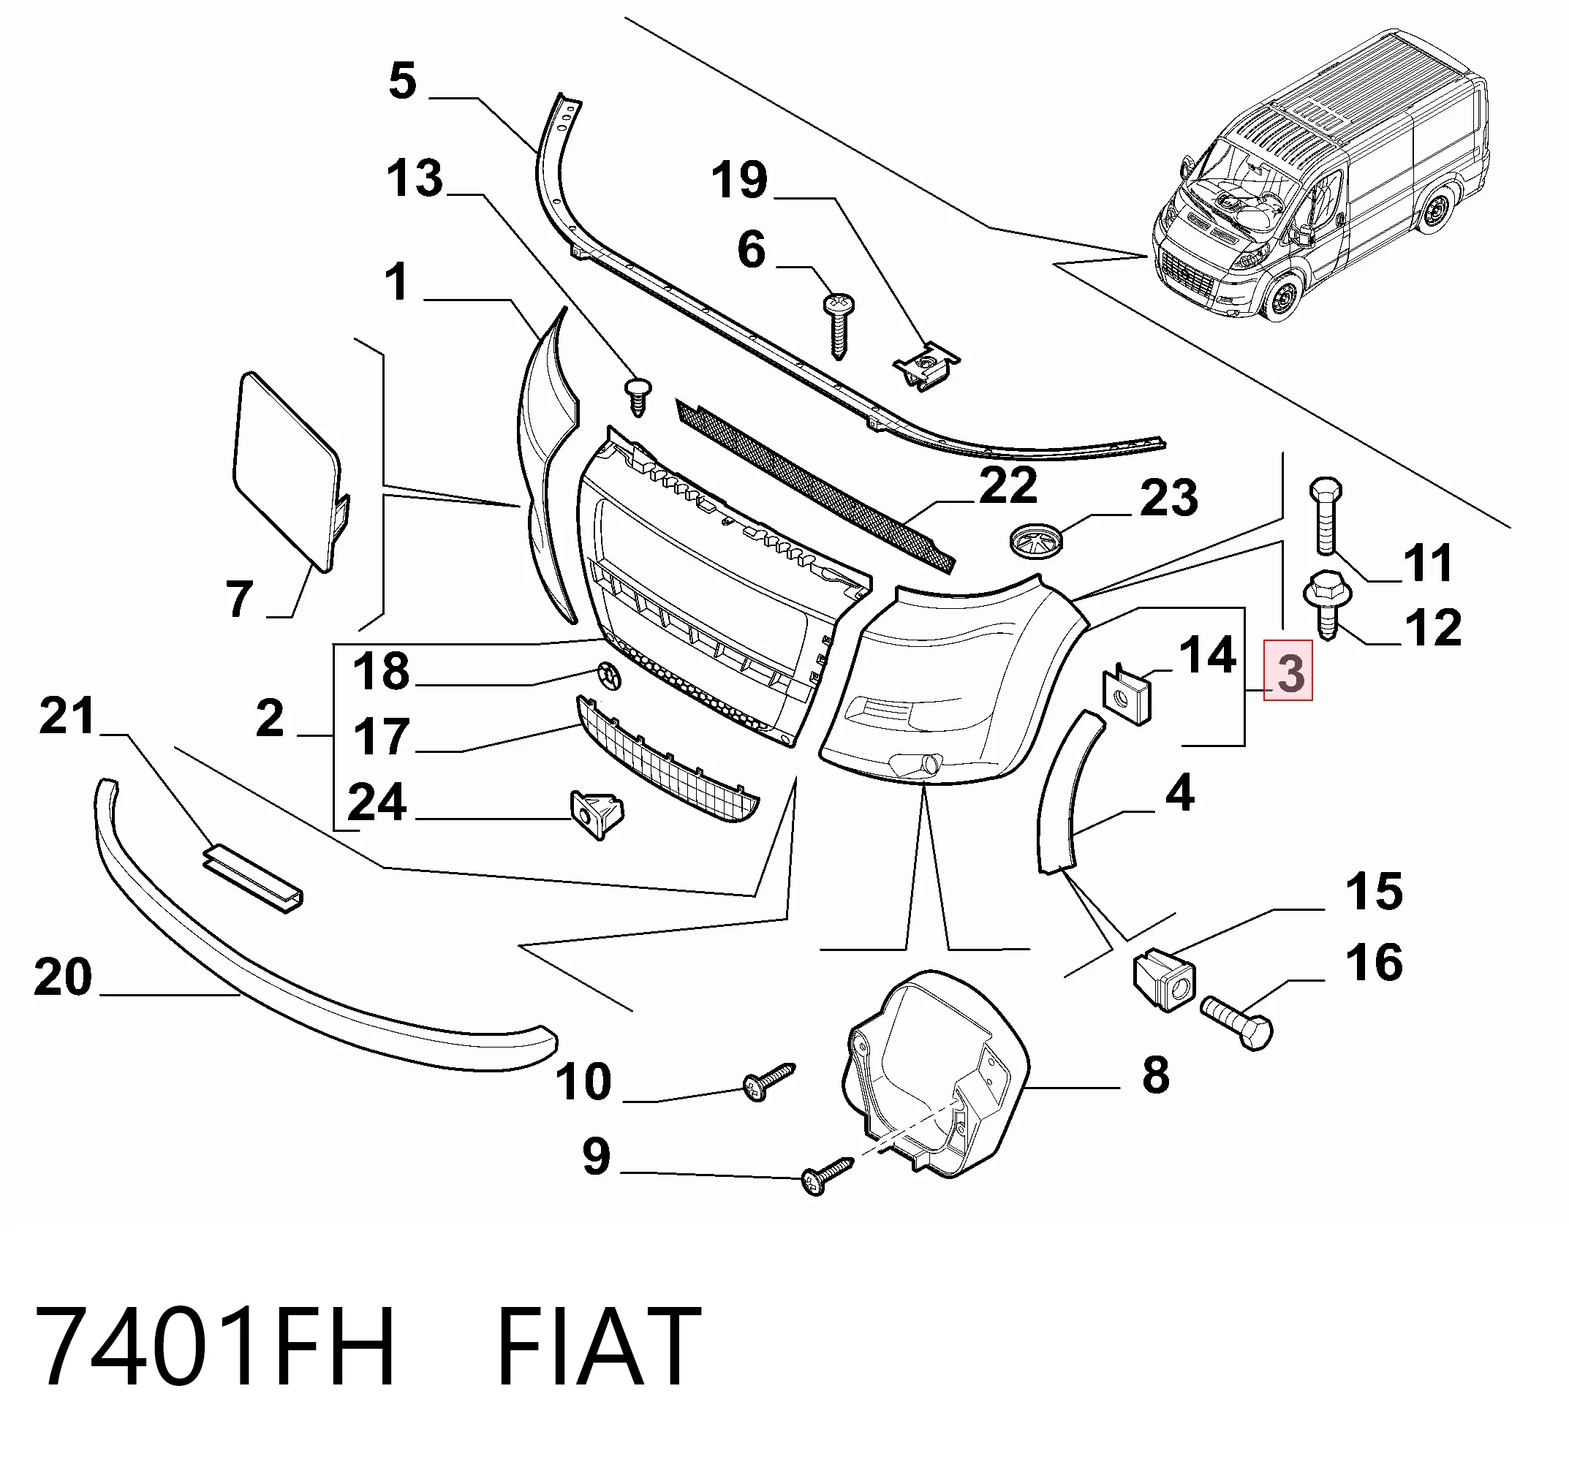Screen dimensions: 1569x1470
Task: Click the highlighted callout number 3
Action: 1289,672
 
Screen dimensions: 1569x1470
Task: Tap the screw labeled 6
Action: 837,325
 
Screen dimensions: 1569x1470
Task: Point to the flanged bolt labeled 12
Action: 1328,604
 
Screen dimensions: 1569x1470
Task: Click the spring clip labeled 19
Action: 925,367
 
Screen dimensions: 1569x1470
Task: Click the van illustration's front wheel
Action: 1280,298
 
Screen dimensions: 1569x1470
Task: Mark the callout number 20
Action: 63,977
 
